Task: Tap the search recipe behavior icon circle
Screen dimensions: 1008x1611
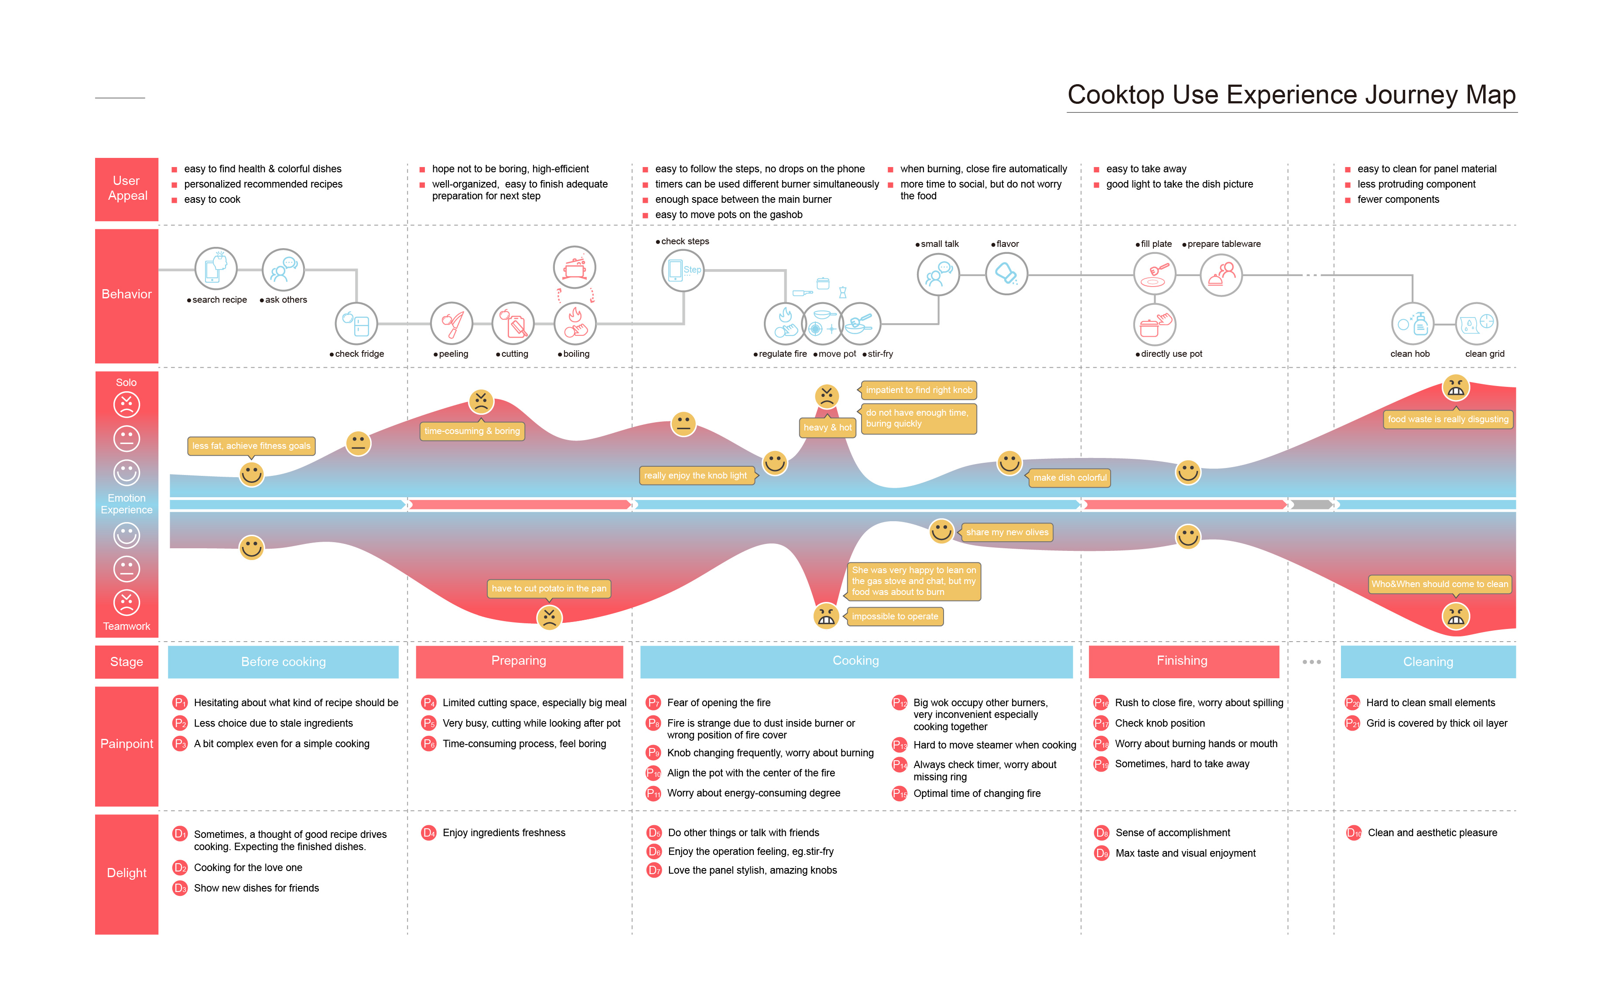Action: coord(215,269)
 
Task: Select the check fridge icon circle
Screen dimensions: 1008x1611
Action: coord(356,324)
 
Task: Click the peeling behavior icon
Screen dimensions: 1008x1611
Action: coord(451,324)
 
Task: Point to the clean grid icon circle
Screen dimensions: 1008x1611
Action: coord(1476,324)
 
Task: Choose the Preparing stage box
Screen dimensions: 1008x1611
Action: coord(519,661)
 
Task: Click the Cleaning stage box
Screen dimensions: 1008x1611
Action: coord(1428,661)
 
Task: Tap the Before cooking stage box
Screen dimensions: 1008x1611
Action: coord(284,661)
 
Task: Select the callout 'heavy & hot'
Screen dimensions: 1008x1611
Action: coord(827,427)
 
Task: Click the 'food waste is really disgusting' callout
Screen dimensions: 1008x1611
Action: coord(1448,419)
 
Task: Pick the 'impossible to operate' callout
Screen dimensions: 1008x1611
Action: coord(894,616)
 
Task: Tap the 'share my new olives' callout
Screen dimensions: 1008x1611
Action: coord(1007,532)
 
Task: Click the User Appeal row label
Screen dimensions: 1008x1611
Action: coord(127,189)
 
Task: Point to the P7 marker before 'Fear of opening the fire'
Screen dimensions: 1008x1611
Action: coord(653,703)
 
